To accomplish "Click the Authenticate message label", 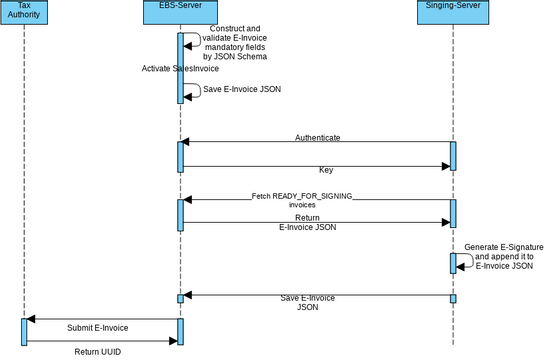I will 317,137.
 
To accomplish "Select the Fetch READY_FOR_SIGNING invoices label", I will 302,199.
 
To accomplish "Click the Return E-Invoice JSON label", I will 307,222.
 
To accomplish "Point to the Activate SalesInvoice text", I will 182,68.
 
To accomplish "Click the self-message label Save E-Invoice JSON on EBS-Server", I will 242,89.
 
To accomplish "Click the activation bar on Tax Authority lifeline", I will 24,332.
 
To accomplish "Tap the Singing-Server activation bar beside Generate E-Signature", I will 452,262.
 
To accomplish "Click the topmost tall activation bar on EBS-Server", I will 180,68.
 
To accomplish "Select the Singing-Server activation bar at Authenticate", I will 452,155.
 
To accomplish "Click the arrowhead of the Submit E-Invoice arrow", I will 31,319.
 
